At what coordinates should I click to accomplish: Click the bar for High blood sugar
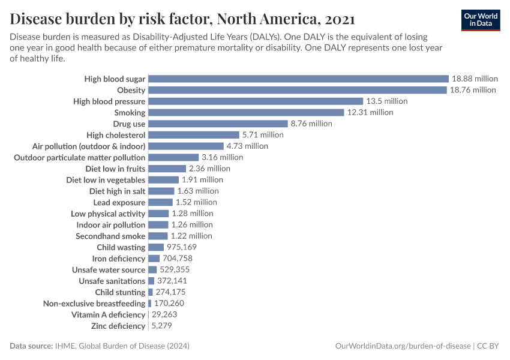298,79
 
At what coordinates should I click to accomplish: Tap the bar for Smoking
246,112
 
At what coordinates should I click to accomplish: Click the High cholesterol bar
193,135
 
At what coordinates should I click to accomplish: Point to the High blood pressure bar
256,101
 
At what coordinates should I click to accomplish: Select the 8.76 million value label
311,124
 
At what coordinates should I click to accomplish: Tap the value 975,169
181,247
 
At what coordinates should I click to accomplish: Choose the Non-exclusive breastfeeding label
94,304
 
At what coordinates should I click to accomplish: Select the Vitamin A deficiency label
108,314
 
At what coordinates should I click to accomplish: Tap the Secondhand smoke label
110,236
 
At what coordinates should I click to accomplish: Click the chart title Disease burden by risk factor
182,18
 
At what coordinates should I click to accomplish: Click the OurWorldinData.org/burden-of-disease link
402,346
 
